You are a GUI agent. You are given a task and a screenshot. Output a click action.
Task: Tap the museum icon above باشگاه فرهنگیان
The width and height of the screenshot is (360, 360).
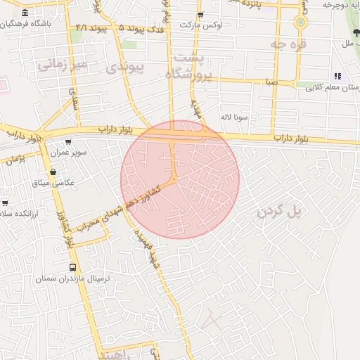[x=26, y=13]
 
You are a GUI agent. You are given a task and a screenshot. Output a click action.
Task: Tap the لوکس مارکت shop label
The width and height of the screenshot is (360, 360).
[x=200, y=25]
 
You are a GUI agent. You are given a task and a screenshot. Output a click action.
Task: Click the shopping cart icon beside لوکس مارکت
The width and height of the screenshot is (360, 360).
[x=200, y=15]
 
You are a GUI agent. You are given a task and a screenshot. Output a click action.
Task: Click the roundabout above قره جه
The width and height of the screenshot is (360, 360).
[x=301, y=22]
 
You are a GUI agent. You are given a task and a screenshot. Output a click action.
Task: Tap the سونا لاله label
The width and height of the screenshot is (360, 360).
[x=234, y=117]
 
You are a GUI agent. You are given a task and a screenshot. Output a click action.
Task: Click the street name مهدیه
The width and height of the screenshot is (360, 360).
[x=198, y=107]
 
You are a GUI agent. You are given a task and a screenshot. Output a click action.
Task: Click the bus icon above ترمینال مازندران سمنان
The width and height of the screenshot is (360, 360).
[x=73, y=267]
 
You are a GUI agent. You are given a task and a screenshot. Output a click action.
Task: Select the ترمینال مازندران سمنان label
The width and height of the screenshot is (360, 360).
[x=73, y=278]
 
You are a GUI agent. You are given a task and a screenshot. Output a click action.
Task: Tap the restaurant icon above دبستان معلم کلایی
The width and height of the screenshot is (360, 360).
[x=337, y=76]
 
